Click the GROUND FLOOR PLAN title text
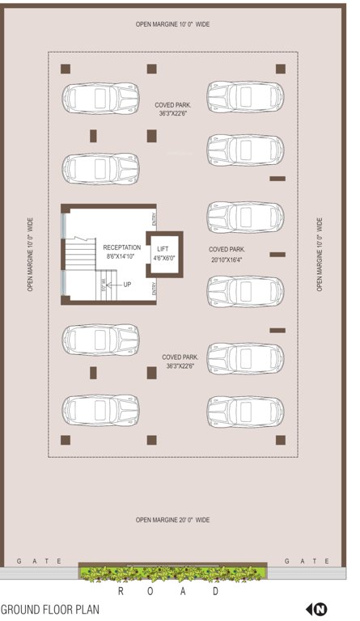pyautogui.click(x=50, y=610)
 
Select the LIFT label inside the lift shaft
pyautogui.click(x=163, y=249)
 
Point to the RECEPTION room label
pyautogui.click(x=121, y=247)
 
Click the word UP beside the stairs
pyautogui.click(x=127, y=285)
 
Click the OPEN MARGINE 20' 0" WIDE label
pyautogui.click(x=172, y=520)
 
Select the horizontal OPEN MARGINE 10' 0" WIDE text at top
pyautogui.click(x=172, y=25)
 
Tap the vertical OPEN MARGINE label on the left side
pyautogui.click(x=31, y=254)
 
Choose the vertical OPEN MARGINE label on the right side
pyautogui.click(x=320, y=254)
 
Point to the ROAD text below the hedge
pyautogui.click(x=167, y=592)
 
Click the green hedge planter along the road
pyautogui.click(x=172, y=573)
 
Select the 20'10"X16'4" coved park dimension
pyautogui.click(x=227, y=260)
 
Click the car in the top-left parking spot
pyautogui.click(x=100, y=97)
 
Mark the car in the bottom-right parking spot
pyautogui.click(x=245, y=411)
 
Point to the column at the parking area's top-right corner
pyautogui.click(x=280, y=69)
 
